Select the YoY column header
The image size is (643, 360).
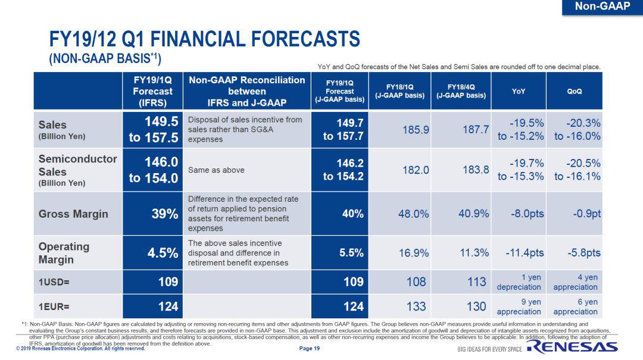(x=518, y=92)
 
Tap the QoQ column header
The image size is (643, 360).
(x=574, y=92)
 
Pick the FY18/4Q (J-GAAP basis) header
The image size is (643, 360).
(x=461, y=91)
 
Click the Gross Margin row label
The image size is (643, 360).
(x=73, y=214)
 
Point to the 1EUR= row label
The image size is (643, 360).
(x=54, y=307)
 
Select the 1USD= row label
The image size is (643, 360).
(x=54, y=282)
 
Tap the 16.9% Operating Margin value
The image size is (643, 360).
(x=413, y=253)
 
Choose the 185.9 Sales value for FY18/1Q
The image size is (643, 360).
(x=416, y=130)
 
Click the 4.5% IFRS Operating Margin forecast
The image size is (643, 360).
(x=163, y=253)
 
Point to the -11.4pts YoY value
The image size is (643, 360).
(x=525, y=253)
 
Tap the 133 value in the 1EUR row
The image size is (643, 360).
(x=416, y=306)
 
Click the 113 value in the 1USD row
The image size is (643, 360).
(x=476, y=282)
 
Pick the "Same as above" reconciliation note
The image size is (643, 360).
(x=216, y=170)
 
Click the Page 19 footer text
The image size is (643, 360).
(x=309, y=349)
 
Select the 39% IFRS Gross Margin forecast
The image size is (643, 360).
(x=166, y=214)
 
